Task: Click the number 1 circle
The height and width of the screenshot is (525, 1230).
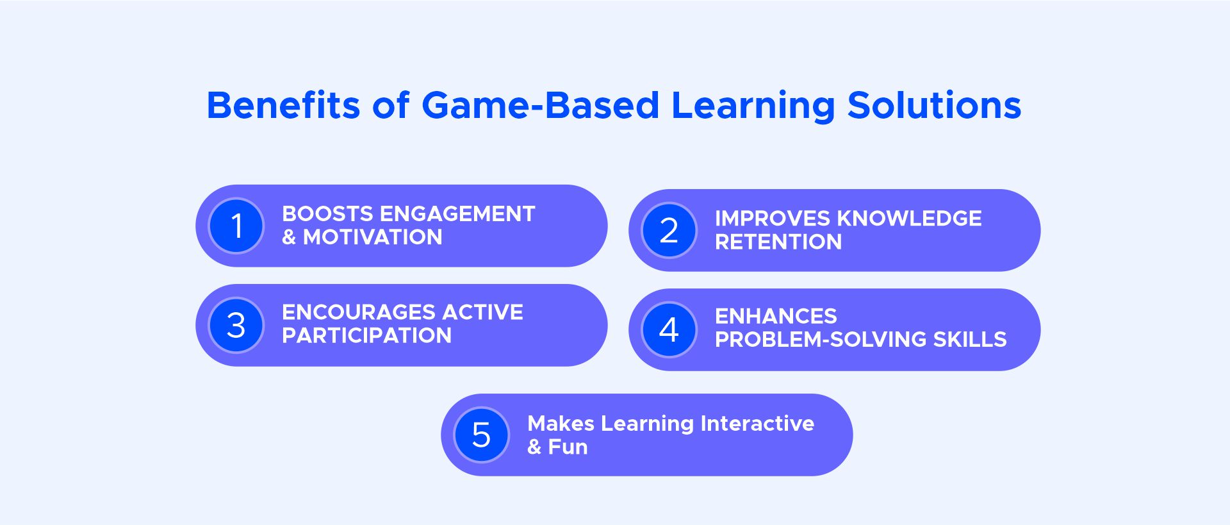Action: (236, 226)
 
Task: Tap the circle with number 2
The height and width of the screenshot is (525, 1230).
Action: (669, 230)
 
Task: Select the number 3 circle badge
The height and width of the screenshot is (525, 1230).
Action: (236, 325)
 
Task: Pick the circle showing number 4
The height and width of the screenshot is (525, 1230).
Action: (669, 329)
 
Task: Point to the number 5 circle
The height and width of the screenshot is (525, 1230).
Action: (482, 435)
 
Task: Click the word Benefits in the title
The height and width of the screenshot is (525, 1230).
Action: (284, 105)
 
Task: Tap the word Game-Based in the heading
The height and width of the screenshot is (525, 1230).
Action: (541, 105)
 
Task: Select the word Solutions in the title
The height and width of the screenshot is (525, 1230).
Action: (934, 105)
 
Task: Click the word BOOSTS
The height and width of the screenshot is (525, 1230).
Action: (327, 214)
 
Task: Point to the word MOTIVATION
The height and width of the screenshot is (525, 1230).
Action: (373, 237)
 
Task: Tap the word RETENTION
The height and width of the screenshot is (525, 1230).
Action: (778, 242)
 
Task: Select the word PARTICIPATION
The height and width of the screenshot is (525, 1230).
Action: (367, 335)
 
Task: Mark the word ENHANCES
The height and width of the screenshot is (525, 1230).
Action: (776, 316)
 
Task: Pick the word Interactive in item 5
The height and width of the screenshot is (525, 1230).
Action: (757, 424)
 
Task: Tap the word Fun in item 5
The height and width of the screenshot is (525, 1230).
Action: (568, 447)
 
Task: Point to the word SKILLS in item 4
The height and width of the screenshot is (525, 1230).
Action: (970, 339)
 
